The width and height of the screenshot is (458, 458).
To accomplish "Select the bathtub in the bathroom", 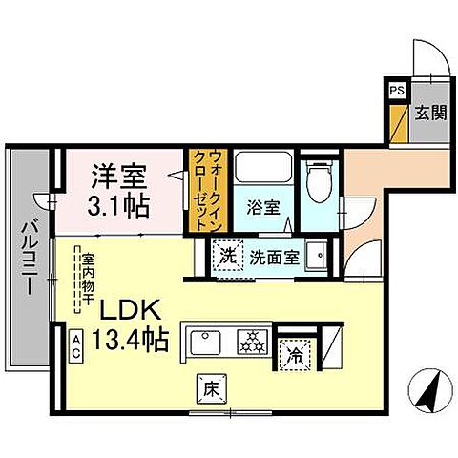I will [x=260, y=172].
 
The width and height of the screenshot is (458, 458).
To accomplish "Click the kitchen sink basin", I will [x=208, y=340].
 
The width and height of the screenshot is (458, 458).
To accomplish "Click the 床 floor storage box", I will [x=209, y=388].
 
